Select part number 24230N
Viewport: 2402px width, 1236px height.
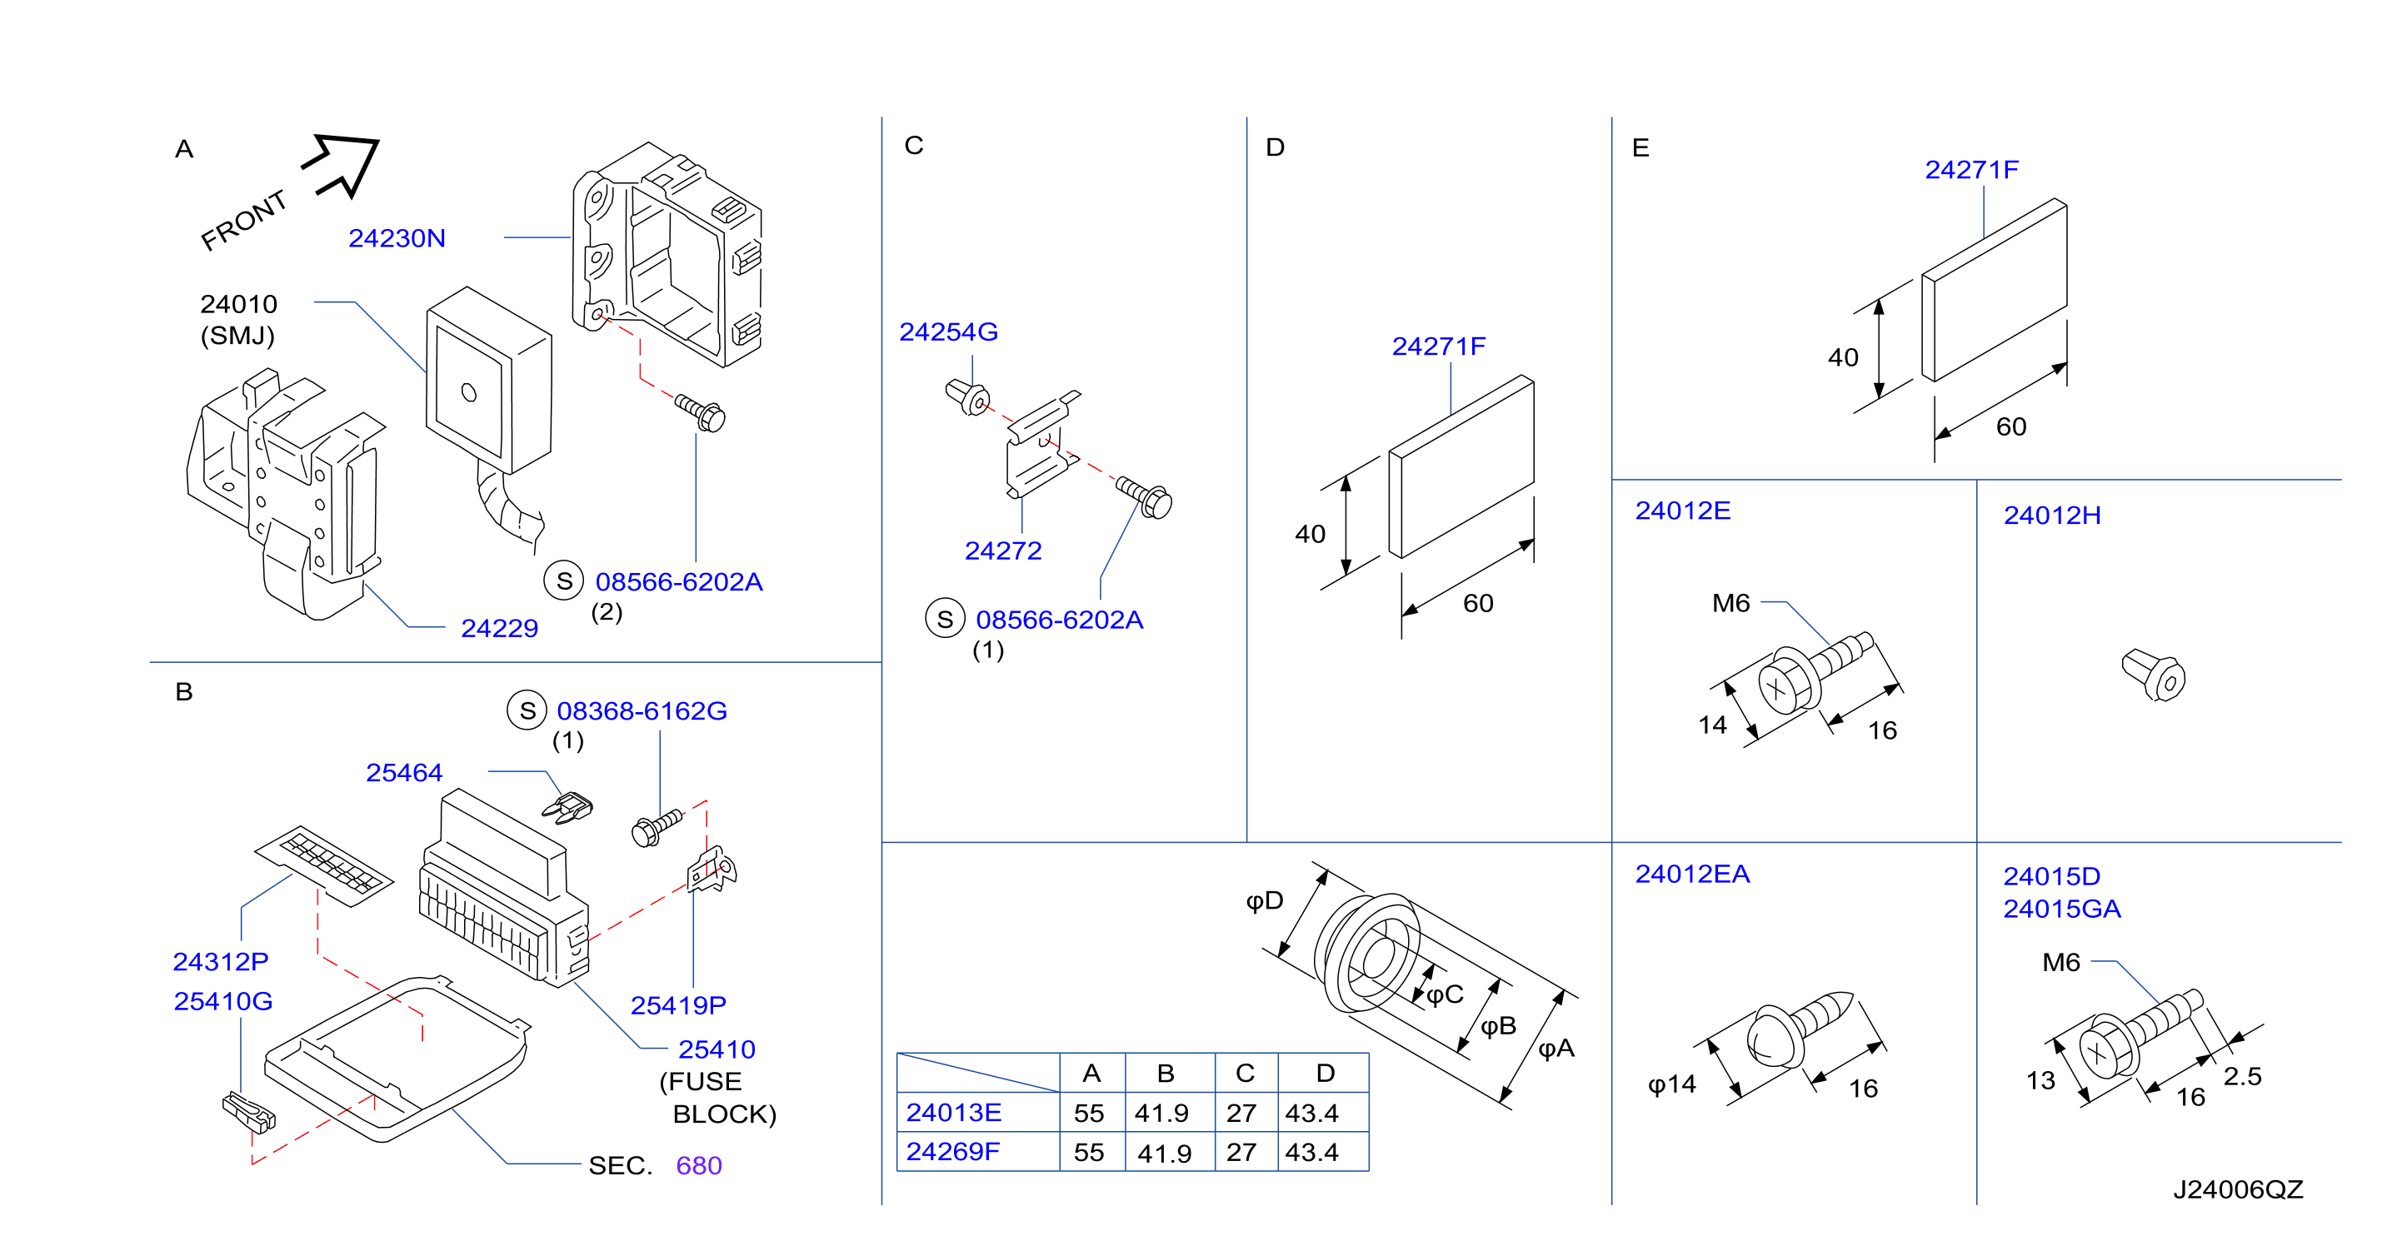coord(397,239)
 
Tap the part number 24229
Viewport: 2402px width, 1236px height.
coord(500,628)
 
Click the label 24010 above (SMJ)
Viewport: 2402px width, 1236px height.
coord(239,304)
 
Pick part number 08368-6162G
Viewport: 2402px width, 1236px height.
coord(642,711)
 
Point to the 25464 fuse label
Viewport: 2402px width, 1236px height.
coord(404,773)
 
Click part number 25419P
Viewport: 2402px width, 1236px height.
coord(678,1006)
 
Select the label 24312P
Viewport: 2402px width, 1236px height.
coord(221,962)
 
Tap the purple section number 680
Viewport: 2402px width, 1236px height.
coord(699,1166)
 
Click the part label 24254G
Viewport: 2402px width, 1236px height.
coord(948,331)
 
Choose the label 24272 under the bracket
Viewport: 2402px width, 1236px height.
coord(1003,551)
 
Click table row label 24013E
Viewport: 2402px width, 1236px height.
coord(954,1113)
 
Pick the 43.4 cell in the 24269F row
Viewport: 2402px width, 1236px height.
coord(1312,1153)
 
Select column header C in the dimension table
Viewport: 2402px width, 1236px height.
coord(1245,1074)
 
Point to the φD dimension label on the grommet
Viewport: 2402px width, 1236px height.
coord(1266,901)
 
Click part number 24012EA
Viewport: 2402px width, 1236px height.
coord(1692,875)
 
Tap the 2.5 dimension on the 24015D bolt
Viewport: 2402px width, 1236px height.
coord(2243,1077)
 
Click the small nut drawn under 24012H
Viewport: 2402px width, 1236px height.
coord(2153,675)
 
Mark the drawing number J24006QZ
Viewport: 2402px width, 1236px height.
coord(2238,1189)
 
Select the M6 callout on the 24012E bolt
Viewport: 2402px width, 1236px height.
coord(1730,604)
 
